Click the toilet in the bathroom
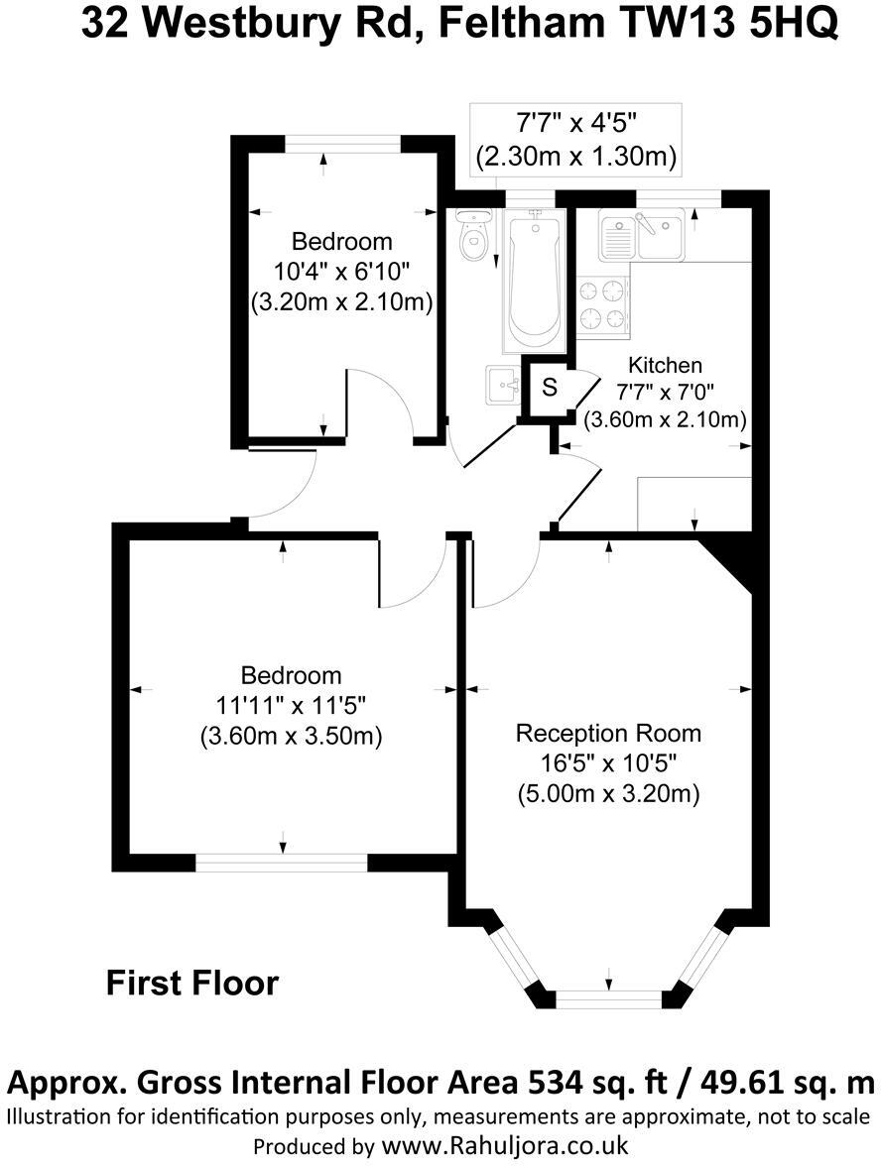(474, 236)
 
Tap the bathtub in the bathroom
(535, 278)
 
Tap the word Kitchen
(665, 366)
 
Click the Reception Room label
(608, 734)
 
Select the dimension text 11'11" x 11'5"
(292, 706)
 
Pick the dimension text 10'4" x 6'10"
(341, 272)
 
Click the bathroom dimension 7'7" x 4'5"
(575, 125)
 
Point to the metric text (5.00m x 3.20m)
(608, 794)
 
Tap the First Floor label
(192, 984)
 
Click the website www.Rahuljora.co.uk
(505, 1145)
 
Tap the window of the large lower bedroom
(282, 863)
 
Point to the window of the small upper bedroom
(343, 143)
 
